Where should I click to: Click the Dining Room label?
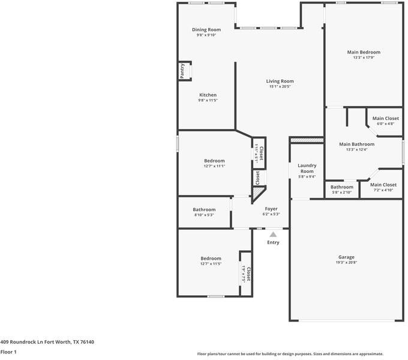pyautogui.click(x=206, y=29)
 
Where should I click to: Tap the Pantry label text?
pyautogui.click(x=182, y=70)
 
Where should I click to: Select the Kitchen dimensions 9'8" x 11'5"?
pyautogui.click(x=208, y=101)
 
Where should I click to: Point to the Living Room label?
pyautogui.click(x=280, y=81)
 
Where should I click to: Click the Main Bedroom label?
pyautogui.click(x=364, y=52)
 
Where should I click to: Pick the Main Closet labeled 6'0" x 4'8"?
pyautogui.click(x=385, y=118)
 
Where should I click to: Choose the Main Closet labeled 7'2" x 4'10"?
pyautogui.click(x=383, y=185)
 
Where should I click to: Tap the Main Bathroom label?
pyautogui.click(x=356, y=144)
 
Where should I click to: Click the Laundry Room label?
pyautogui.click(x=307, y=168)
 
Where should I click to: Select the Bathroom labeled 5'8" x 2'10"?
pyautogui.click(x=342, y=187)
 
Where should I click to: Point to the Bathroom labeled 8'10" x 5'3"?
pyautogui.click(x=204, y=209)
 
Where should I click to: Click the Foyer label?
pyautogui.click(x=271, y=208)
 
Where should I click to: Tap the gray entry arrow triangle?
pyautogui.click(x=273, y=235)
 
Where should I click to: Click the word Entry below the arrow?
pyautogui.click(x=273, y=242)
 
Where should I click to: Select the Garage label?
pyautogui.click(x=346, y=257)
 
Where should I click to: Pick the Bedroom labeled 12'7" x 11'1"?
pyautogui.click(x=214, y=161)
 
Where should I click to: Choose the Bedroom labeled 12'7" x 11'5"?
pyautogui.click(x=211, y=258)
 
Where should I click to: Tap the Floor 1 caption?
pyautogui.click(x=8, y=352)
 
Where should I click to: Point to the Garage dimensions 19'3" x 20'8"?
pyautogui.click(x=346, y=263)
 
